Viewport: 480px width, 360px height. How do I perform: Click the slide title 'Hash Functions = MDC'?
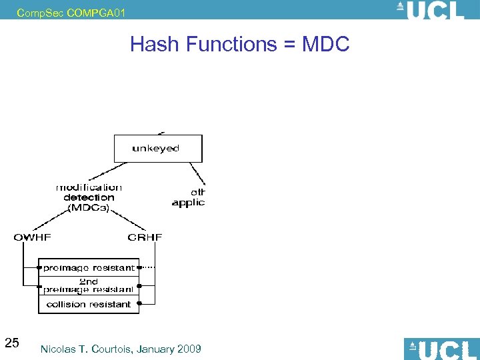pos(239,44)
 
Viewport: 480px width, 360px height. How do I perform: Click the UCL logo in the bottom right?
pos(442,349)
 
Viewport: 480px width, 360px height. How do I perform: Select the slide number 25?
pos(11,343)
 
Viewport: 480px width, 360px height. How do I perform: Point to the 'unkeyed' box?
pos(157,148)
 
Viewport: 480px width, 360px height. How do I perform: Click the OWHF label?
pos(33,237)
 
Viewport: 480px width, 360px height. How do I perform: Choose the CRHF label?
pos(145,237)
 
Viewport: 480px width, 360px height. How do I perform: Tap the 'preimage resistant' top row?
pos(89,268)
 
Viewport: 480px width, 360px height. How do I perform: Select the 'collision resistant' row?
pos(89,304)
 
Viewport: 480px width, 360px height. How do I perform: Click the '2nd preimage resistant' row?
pos(89,286)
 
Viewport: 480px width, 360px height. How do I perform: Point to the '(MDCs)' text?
pos(89,207)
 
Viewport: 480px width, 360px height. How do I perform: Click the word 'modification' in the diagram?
pos(89,187)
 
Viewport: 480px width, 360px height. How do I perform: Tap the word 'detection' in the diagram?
pos(89,197)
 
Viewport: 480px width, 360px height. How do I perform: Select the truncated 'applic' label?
pos(188,203)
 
